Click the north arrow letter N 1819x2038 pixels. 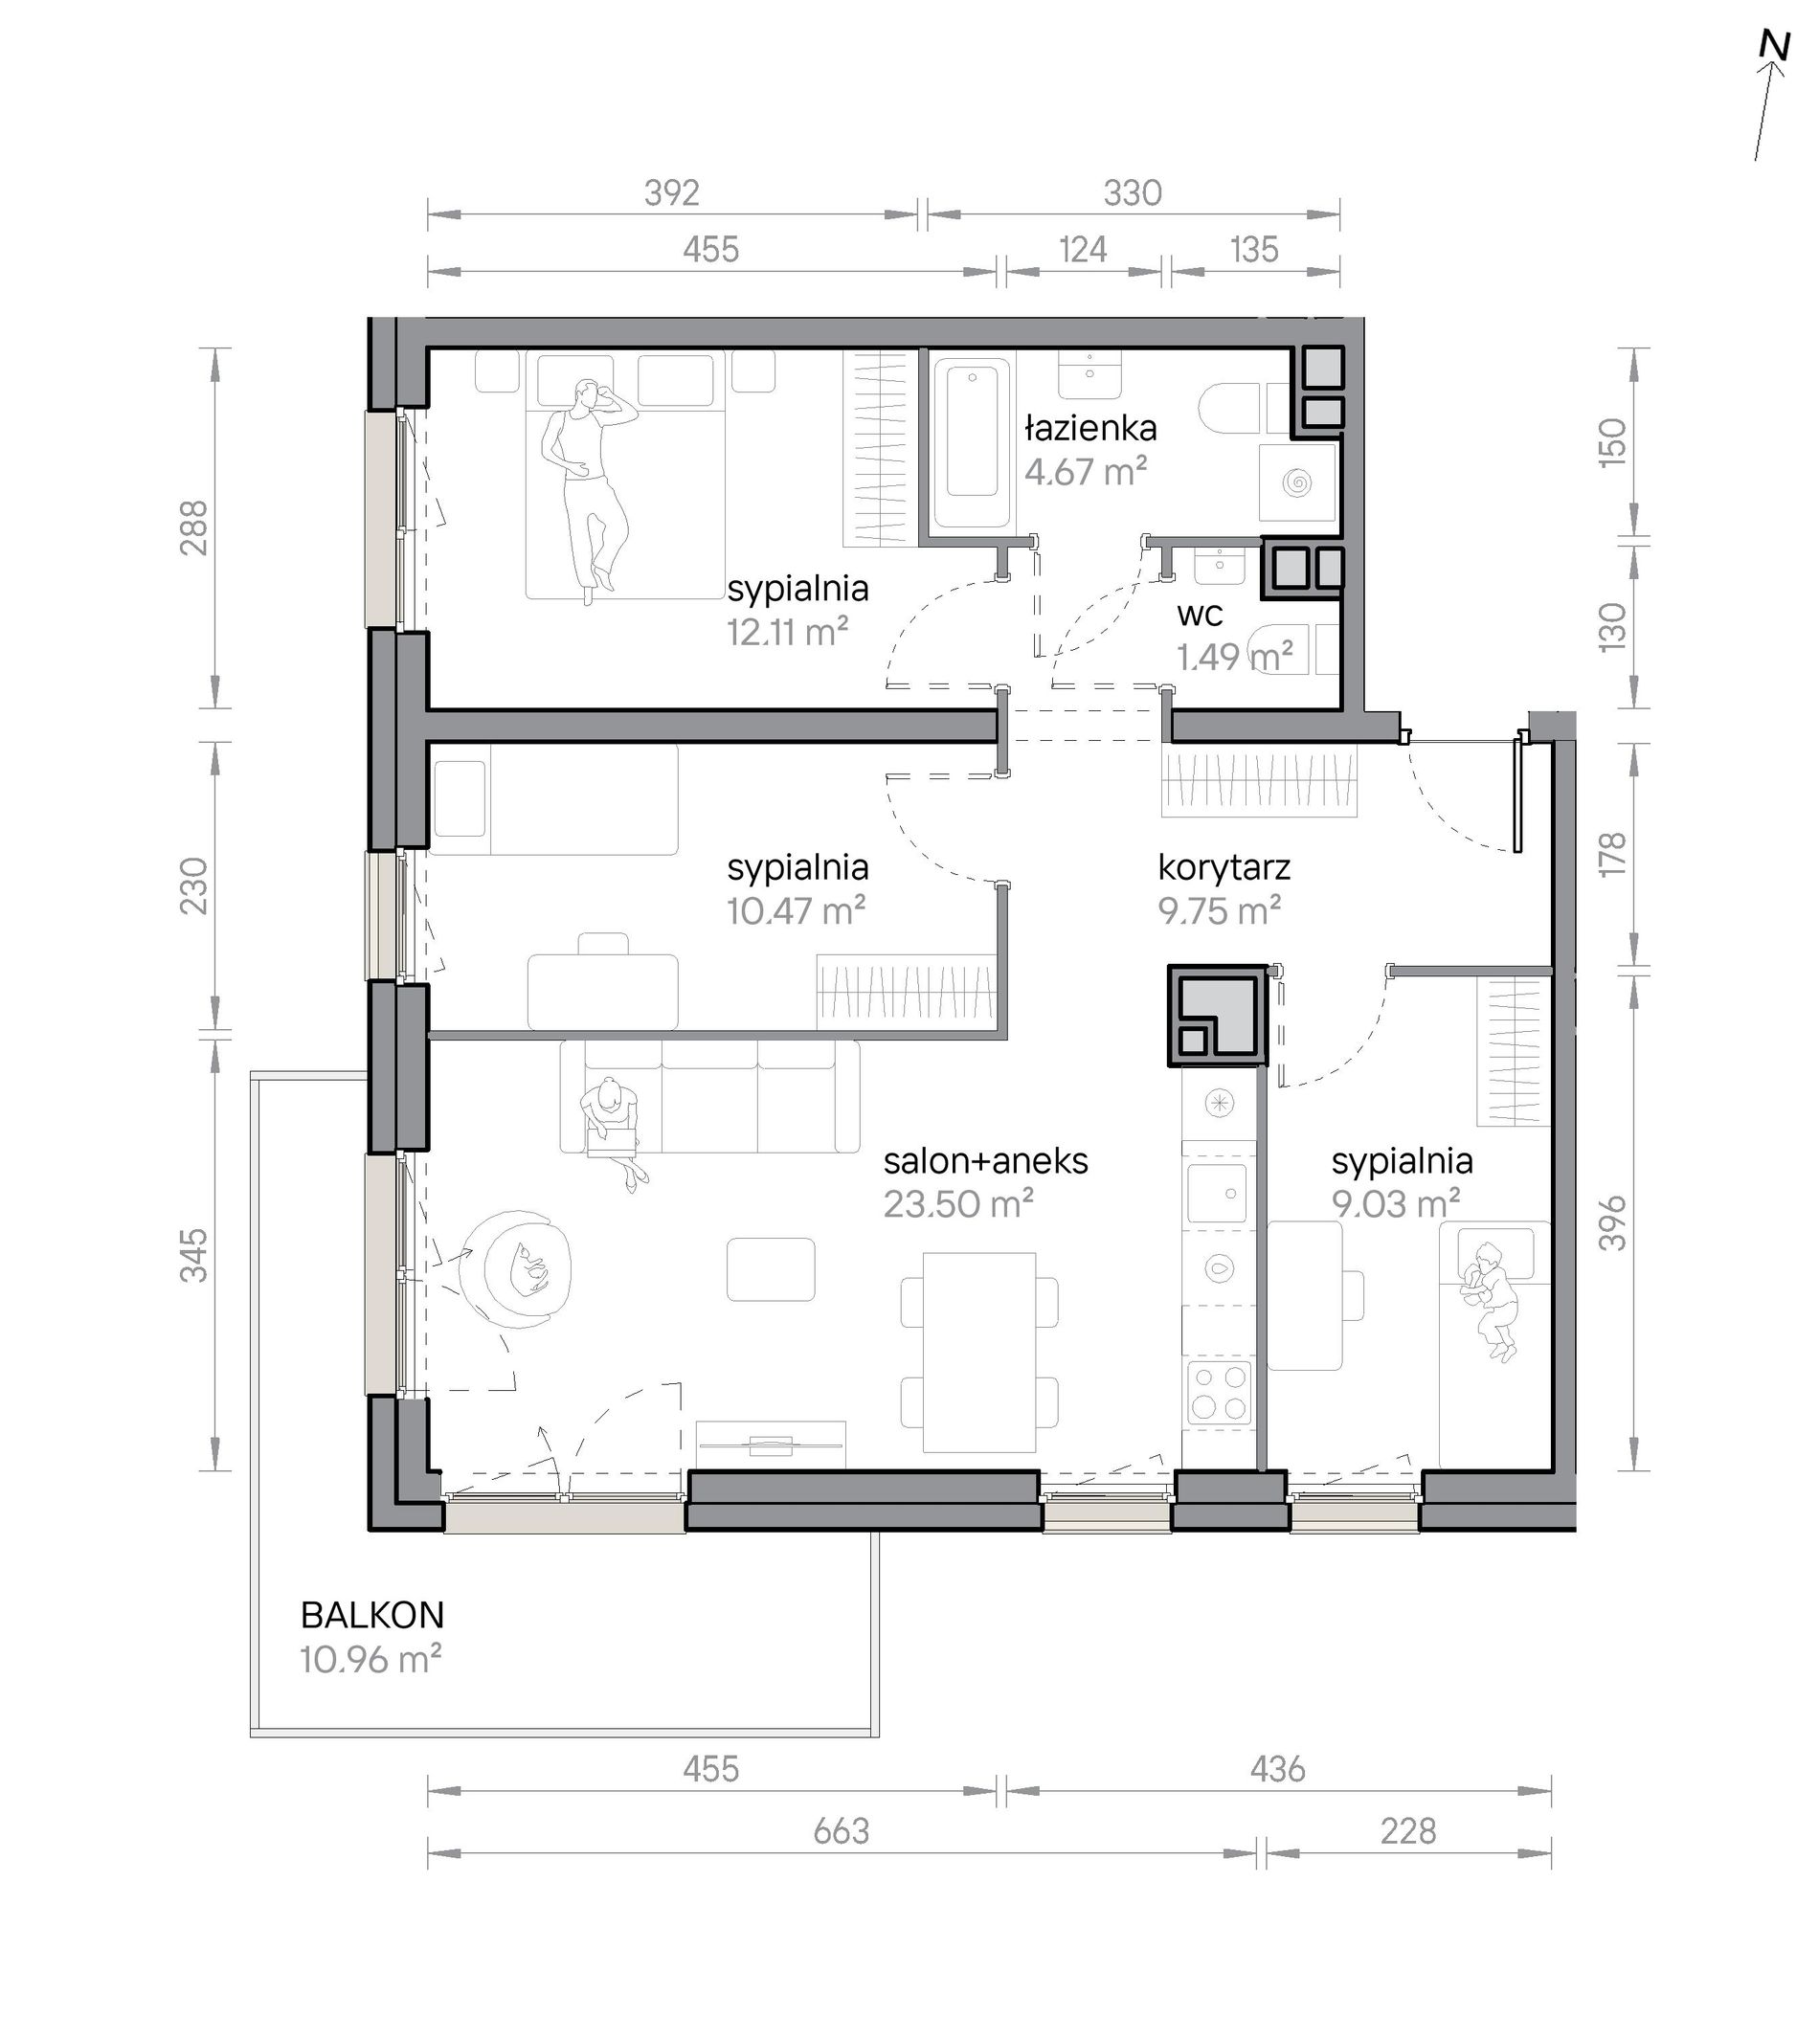tap(1775, 75)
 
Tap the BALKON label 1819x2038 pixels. tap(371, 1615)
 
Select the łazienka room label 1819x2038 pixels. tap(1090, 429)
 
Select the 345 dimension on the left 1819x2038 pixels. tap(192, 1255)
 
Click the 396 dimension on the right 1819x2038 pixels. tap(1613, 1223)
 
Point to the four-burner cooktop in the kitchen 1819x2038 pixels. tap(1220, 1392)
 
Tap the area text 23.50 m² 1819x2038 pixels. tap(957, 1204)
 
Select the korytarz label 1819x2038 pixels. tap(1224, 867)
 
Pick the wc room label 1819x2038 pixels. tap(1201, 613)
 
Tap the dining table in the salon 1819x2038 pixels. tap(978, 1353)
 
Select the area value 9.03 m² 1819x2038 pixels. tap(1396, 1204)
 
